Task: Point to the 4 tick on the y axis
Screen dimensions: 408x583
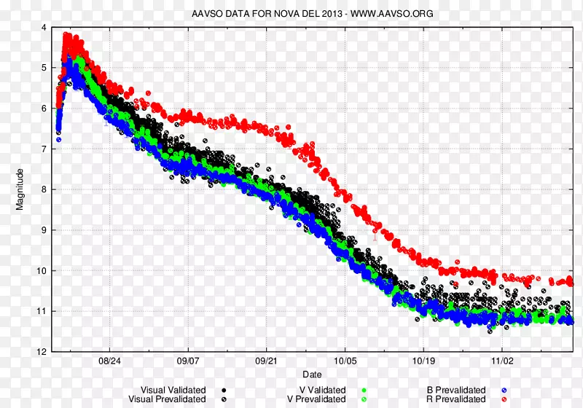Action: (44, 28)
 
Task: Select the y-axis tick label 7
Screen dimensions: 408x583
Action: (44, 149)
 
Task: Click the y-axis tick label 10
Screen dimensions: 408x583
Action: (42, 271)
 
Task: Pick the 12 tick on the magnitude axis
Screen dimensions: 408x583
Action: (42, 352)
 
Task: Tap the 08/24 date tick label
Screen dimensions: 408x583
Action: (110, 361)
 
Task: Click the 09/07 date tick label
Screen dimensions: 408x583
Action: (188, 361)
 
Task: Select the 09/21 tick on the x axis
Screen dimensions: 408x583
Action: (267, 361)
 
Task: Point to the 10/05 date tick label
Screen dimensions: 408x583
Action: (345, 361)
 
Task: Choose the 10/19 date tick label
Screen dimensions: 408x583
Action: (423, 361)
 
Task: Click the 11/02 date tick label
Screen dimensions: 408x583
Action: (502, 361)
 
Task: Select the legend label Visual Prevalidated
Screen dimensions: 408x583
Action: (167, 399)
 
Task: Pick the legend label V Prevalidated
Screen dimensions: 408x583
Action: (317, 399)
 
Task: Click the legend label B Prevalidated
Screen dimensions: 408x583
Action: (456, 391)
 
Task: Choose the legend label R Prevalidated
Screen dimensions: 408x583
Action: (456, 399)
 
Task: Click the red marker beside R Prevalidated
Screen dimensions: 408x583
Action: (504, 399)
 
